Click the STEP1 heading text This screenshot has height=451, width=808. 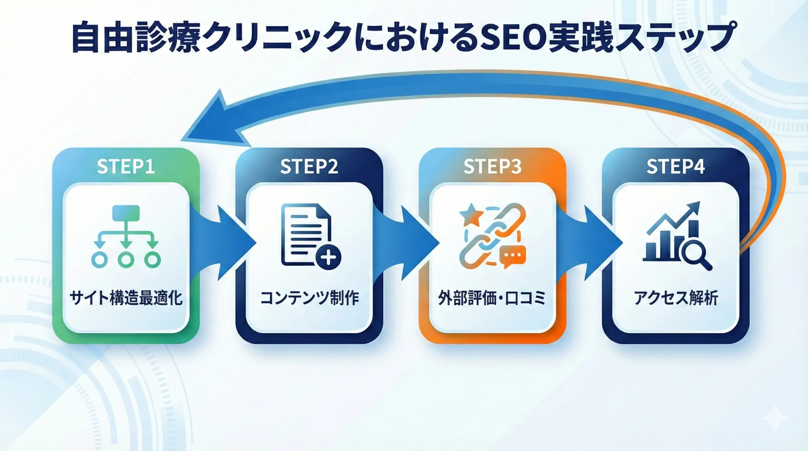click(x=126, y=166)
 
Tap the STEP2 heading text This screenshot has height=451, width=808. click(x=309, y=166)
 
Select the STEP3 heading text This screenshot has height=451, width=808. click(x=492, y=166)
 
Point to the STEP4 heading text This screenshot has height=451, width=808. click(x=675, y=166)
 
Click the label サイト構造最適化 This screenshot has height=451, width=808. click(x=126, y=298)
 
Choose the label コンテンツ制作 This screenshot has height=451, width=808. click(x=309, y=298)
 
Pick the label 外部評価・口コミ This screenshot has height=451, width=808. click(x=492, y=298)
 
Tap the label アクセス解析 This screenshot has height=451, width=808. click(x=676, y=298)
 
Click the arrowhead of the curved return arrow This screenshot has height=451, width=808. click(x=215, y=123)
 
